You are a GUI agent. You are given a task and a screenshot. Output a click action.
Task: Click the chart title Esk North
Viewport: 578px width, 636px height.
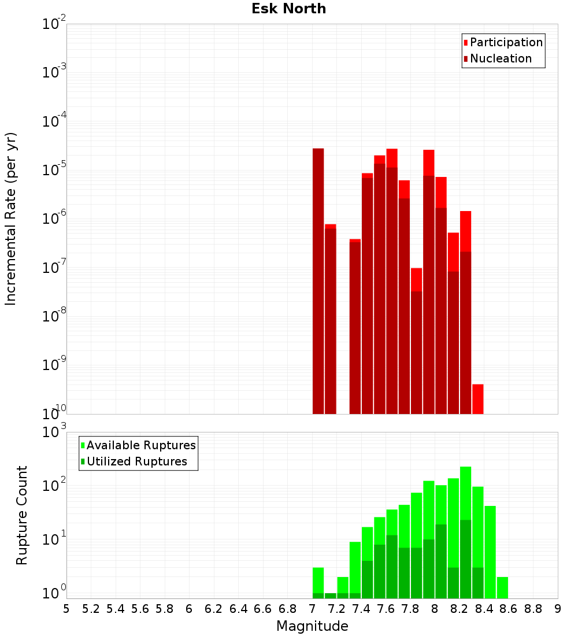(x=288, y=9)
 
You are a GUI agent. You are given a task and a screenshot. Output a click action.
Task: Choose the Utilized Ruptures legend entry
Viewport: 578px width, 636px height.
(x=136, y=461)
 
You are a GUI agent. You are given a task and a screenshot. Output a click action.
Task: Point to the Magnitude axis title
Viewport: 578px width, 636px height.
(x=312, y=626)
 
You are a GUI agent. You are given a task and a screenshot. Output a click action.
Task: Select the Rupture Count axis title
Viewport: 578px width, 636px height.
(x=22, y=515)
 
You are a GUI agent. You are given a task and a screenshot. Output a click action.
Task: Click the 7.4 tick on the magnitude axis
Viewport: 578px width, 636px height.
(x=361, y=609)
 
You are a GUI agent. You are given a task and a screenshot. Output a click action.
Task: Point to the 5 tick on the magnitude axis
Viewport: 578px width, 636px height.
(x=66, y=609)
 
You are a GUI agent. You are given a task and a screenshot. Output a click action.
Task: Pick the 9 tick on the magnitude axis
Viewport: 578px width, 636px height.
(x=558, y=609)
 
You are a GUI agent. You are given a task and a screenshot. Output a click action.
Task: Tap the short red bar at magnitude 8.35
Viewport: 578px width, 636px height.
(x=478, y=399)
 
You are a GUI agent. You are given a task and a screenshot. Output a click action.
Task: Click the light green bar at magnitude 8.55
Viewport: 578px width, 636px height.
(x=502, y=587)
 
